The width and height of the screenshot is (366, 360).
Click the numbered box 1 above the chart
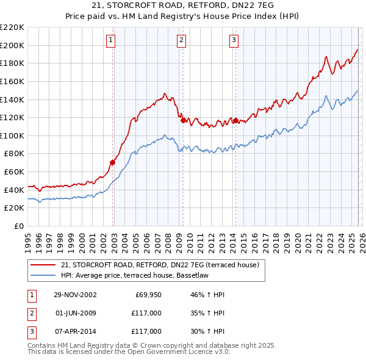(x=110, y=41)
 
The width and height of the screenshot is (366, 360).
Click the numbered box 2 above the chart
(x=182, y=41)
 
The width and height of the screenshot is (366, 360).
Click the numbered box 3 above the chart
(x=234, y=41)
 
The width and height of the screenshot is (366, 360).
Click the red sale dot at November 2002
(x=113, y=162)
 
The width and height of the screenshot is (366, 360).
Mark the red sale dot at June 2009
(x=182, y=120)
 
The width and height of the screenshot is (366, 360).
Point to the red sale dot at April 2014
(x=235, y=120)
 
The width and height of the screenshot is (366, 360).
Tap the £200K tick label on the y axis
(x=12, y=45)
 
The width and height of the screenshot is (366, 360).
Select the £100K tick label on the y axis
(x=12, y=135)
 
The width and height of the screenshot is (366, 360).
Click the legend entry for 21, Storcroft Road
(x=160, y=265)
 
